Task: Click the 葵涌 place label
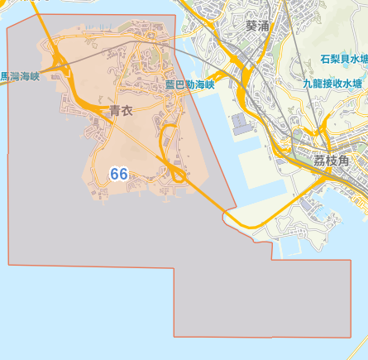tap(257, 26)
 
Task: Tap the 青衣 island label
tap(121, 109)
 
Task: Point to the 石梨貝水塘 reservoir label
tap(344, 60)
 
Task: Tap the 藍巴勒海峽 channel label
tap(189, 84)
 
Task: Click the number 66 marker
tap(118, 174)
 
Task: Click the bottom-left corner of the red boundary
tap(9, 265)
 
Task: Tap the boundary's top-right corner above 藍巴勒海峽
tap(176, 15)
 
